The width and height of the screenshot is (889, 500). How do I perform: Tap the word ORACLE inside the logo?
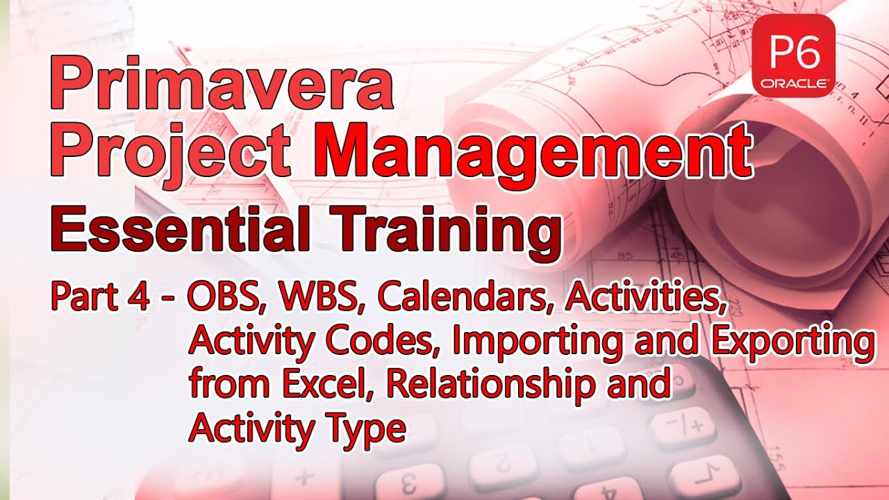pos(793,83)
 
